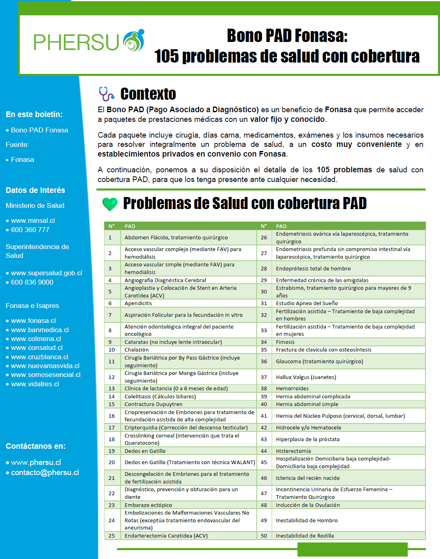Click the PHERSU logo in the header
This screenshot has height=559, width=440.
[x=88, y=41]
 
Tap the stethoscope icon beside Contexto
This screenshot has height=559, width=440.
[x=106, y=94]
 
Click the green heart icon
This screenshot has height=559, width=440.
[x=110, y=204]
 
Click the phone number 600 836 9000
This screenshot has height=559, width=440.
[x=32, y=282]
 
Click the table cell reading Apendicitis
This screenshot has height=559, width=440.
[x=138, y=303]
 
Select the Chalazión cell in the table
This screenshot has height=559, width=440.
[x=136, y=350]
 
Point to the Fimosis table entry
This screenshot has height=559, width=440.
[x=285, y=342]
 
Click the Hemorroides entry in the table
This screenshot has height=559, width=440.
[x=292, y=388]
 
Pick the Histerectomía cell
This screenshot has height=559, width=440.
[x=293, y=451]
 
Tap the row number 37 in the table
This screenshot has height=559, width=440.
[x=264, y=377]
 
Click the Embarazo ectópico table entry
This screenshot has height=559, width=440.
[x=148, y=505]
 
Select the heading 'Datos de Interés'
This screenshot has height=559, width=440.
[x=35, y=190]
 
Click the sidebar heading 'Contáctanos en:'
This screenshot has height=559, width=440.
[x=36, y=446]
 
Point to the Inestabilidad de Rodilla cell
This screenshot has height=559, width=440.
[x=305, y=536]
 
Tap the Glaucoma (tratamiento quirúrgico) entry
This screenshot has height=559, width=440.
[x=319, y=361]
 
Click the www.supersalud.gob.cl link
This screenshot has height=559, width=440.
[x=46, y=273]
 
